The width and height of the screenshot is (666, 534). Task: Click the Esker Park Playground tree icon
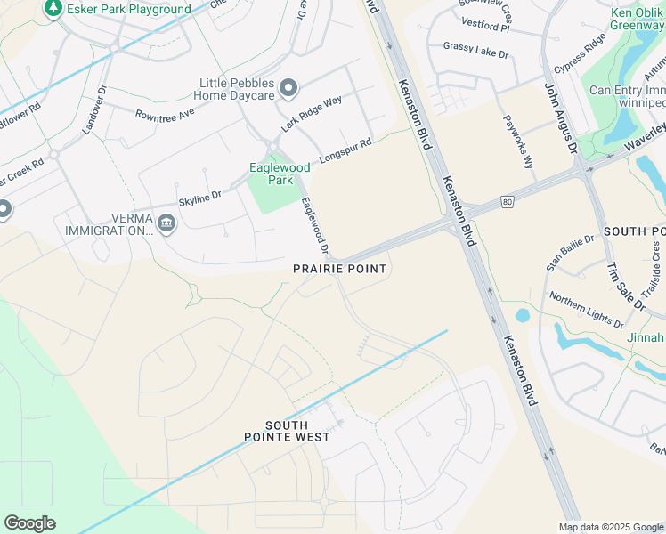pos(53,8)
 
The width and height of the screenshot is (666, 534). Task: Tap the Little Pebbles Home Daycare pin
pos(288,87)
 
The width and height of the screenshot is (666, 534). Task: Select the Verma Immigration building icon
pos(165,222)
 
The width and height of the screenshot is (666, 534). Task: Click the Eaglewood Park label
pos(280,173)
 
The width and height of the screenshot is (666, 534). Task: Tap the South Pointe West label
pos(288,431)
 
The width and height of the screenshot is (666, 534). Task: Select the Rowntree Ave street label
pos(165,114)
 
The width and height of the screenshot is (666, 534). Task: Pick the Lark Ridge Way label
pos(312,114)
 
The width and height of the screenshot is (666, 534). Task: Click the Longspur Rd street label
pos(345,149)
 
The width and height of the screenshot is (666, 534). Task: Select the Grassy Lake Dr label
pos(475,50)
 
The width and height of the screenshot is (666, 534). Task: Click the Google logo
pos(29,523)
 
